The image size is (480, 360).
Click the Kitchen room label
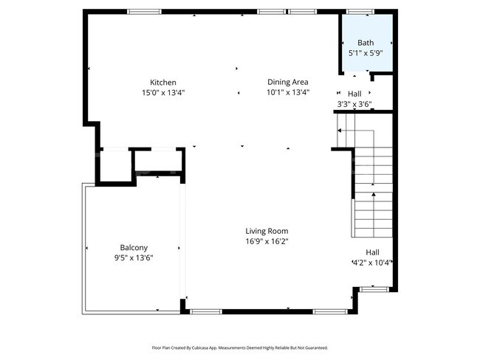(162, 82)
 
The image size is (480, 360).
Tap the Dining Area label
(287, 82)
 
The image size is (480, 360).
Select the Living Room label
(267, 231)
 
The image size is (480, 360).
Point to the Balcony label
(134, 247)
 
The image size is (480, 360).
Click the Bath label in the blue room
(366, 43)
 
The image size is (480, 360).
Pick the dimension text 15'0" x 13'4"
(162, 93)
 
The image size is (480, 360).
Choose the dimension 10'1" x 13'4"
(287, 93)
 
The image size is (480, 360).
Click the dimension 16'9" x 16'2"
(267, 241)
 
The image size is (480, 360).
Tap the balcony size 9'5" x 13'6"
(134, 257)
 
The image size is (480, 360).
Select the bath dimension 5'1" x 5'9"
(366, 53)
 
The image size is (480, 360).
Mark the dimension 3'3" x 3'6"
(354, 105)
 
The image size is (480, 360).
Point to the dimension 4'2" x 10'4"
(371, 263)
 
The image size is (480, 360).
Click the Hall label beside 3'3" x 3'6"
(354, 94)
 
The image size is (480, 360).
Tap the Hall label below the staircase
(372, 252)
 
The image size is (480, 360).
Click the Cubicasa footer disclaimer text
(239, 347)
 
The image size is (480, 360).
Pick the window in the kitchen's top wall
(145, 12)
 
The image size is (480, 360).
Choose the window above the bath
(359, 12)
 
